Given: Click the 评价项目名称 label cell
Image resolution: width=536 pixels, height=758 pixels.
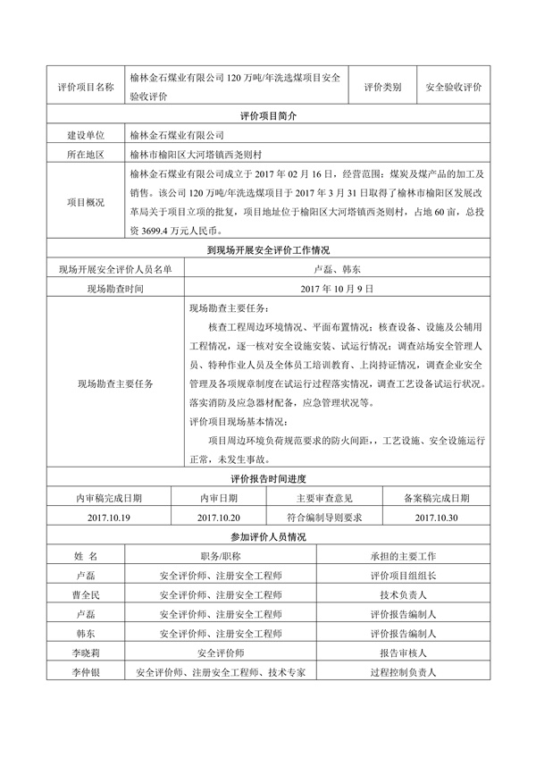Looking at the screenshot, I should pos(85,88).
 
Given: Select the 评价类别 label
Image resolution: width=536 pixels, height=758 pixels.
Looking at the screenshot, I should pos(382,88).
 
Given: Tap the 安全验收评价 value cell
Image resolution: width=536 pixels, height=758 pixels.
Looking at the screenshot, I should pos(454,88).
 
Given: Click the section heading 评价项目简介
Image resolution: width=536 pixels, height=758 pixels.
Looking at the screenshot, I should pos(267,116).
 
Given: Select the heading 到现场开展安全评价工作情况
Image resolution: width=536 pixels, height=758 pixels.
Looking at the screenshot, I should pos(267,251).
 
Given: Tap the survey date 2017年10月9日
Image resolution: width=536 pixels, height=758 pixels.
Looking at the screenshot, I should pos(337,289).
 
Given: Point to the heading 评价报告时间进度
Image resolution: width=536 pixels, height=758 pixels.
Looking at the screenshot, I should pos(267,480).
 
